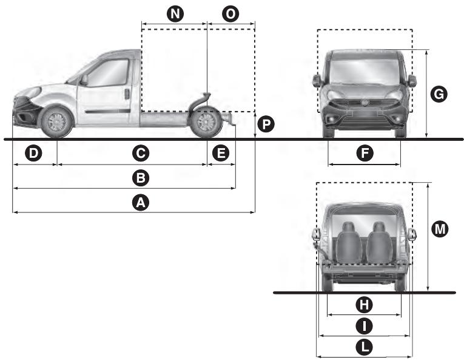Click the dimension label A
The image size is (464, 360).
tap(141, 203)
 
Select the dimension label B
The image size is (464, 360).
tap(141, 178)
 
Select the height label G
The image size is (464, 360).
tap(439, 93)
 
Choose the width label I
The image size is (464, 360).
tap(364, 326)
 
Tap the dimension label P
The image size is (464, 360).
tap(265, 124)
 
